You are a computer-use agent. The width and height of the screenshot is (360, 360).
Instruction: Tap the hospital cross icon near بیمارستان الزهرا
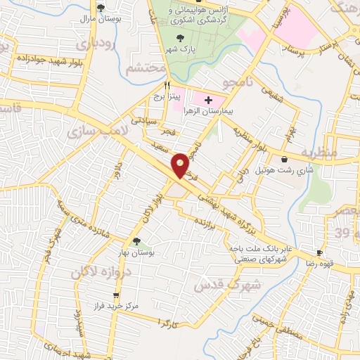[208, 101]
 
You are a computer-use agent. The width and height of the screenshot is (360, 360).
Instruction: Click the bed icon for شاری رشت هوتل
[284, 160]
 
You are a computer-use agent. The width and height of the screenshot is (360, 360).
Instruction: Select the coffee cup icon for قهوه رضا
[320, 252]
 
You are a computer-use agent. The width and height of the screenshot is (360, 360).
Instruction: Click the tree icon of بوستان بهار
[136, 241]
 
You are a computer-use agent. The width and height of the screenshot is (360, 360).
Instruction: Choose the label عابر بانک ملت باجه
[259, 247]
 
